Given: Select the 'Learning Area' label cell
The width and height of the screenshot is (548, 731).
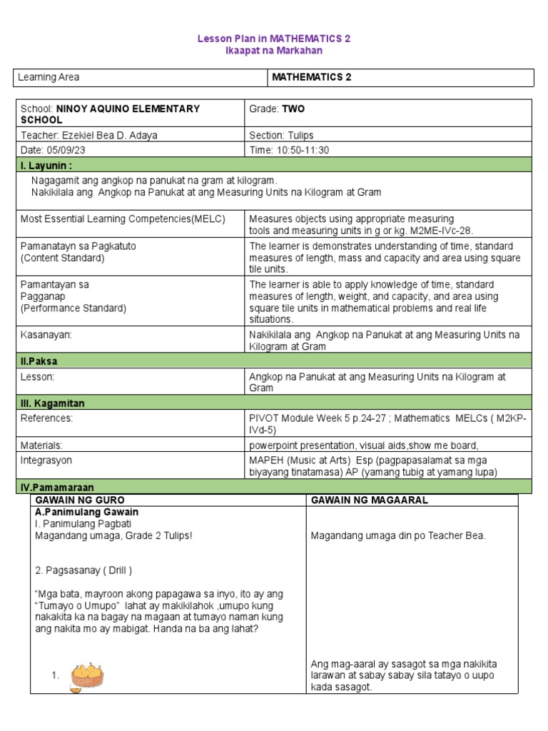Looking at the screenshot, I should pyautogui.click(x=50, y=77).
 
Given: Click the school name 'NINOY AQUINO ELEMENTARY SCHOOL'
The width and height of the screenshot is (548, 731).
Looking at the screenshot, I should pyautogui.click(x=111, y=114).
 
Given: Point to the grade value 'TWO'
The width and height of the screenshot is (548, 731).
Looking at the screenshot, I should pyautogui.click(x=293, y=109).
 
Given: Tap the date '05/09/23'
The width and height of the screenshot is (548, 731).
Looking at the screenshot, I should pyautogui.click(x=69, y=150).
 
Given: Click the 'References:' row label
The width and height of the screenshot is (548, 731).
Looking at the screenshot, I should pyautogui.click(x=47, y=418).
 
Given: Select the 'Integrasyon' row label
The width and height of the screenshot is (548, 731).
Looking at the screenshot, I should pyautogui.click(x=46, y=460).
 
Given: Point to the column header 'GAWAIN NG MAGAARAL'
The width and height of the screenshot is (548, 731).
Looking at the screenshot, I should pyautogui.click(x=370, y=500).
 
